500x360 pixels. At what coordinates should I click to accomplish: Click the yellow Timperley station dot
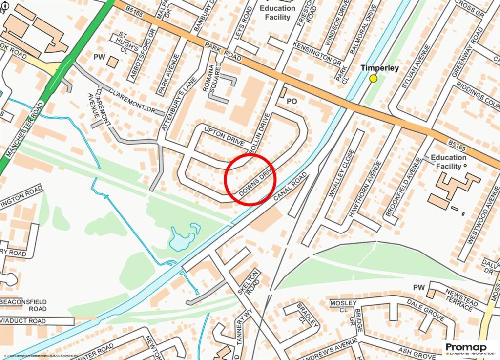[x=374, y=78]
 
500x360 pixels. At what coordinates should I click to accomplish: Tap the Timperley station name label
[x=380, y=68]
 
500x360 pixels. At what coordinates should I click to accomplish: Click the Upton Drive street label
[x=224, y=137]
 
